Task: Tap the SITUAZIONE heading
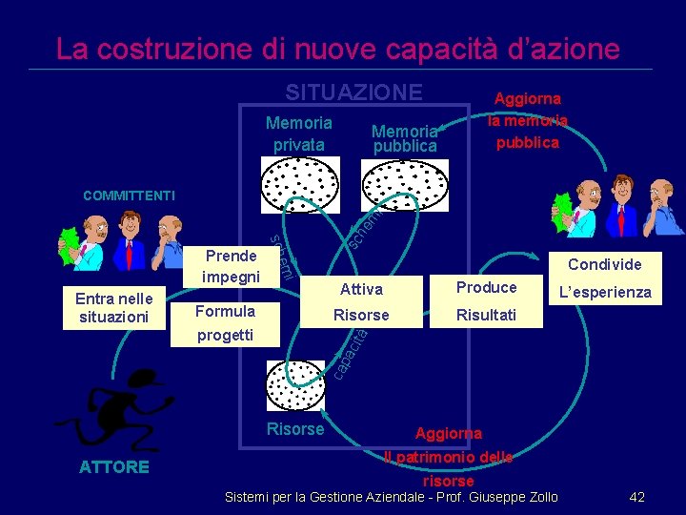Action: coord(353,92)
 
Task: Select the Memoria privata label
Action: coord(299,134)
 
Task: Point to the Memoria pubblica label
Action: coord(405,138)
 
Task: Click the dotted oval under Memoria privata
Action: coord(300,183)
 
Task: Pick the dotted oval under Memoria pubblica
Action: coord(406,183)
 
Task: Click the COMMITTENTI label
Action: coord(129,196)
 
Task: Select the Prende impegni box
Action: coord(231,266)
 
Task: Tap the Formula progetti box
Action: coord(225,322)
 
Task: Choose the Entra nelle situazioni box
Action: coord(114,308)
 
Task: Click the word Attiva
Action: coord(361,289)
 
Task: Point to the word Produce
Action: coord(486,287)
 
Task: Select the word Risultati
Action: coord(486,314)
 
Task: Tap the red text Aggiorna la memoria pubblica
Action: coord(527,120)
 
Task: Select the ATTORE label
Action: coord(114,466)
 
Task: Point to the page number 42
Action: coord(637,497)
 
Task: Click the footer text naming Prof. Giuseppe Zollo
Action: coord(391,497)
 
